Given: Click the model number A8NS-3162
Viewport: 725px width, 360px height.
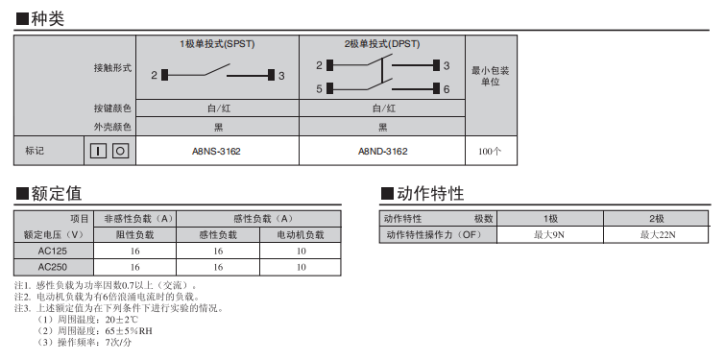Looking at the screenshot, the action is pyautogui.click(x=216, y=151).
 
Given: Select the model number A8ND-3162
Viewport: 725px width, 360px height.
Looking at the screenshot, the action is pyautogui.click(x=383, y=151).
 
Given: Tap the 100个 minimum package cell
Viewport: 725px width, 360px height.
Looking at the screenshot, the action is pyautogui.click(x=490, y=151).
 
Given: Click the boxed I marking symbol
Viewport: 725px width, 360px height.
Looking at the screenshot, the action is pyautogui.click(x=98, y=151).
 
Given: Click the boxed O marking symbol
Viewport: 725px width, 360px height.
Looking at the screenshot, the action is pyautogui.click(x=120, y=151).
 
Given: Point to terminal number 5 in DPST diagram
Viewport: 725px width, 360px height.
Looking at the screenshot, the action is pyautogui.click(x=319, y=88).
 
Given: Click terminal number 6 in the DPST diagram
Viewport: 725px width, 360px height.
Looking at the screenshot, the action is pyautogui.click(x=447, y=89).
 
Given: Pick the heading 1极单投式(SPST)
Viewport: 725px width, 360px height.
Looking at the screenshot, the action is pyautogui.click(x=217, y=44).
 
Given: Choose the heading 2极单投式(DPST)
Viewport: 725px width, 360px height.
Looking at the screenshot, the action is pyautogui.click(x=382, y=44).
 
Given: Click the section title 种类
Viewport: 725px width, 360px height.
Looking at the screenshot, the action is pyautogui.click(x=48, y=18).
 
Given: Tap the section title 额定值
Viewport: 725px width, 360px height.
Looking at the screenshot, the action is pyautogui.click(x=57, y=193).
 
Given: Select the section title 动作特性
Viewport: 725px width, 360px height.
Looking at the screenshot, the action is pyautogui.click(x=430, y=193).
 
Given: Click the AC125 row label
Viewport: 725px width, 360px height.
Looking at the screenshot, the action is pyautogui.click(x=53, y=251).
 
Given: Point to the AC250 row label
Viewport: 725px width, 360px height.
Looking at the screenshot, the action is pyautogui.click(x=53, y=267).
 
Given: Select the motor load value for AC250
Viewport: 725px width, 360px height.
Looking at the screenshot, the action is pyautogui.click(x=301, y=267).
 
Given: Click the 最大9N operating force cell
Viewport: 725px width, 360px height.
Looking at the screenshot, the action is pyautogui.click(x=549, y=235).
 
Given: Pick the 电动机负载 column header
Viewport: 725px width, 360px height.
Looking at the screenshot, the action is pyautogui.click(x=301, y=235).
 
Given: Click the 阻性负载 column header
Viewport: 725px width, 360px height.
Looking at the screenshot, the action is pyautogui.click(x=134, y=235).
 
